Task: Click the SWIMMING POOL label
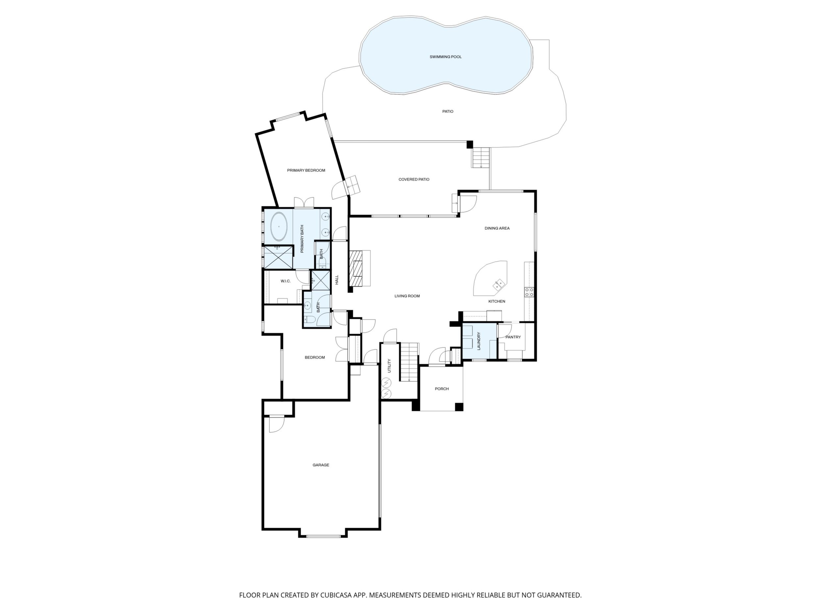pyautogui.click(x=445, y=57)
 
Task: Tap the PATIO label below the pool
pyautogui.click(x=448, y=112)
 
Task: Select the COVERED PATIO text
pyautogui.click(x=414, y=179)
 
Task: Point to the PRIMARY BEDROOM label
pyautogui.click(x=306, y=170)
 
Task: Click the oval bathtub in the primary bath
pyautogui.click(x=279, y=226)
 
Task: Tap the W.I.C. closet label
pyautogui.click(x=286, y=281)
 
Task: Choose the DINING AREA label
pyautogui.click(x=497, y=228)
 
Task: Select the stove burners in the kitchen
pyautogui.click(x=529, y=292)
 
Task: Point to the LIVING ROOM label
pyautogui.click(x=407, y=296)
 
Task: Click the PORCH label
pyautogui.click(x=442, y=389)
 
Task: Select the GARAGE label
pyautogui.click(x=321, y=465)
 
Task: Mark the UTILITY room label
pyautogui.click(x=389, y=366)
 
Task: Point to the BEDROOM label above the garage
pyautogui.click(x=315, y=358)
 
